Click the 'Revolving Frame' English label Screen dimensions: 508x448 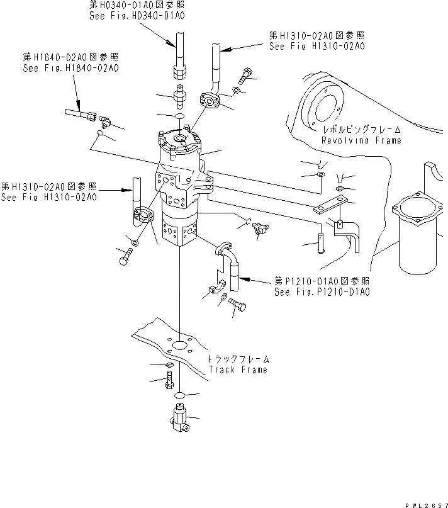tap(361, 140)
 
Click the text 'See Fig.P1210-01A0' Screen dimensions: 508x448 tap(322, 292)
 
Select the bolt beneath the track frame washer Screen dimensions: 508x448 tap(169, 381)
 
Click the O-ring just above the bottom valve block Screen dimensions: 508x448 tap(179, 395)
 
